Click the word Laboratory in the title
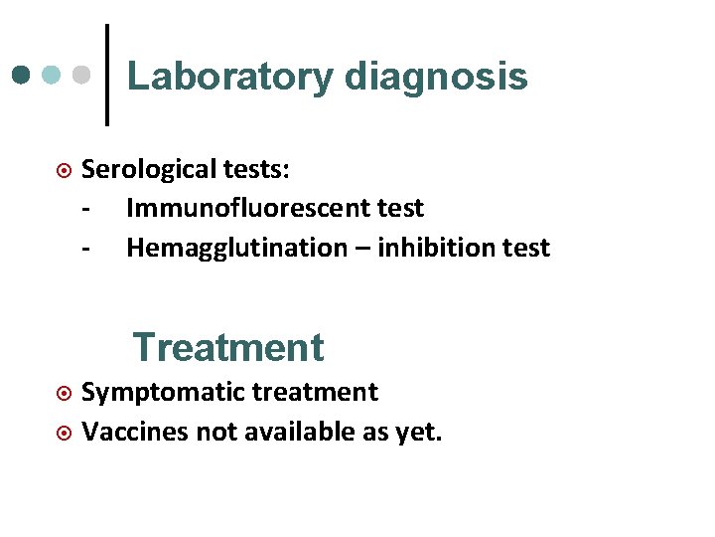(229, 77)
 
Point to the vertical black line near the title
(106, 76)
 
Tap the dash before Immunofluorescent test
(88, 209)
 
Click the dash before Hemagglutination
(88, 248)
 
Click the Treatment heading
(228, 347)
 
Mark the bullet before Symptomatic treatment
(64, 393)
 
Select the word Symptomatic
(162, 393)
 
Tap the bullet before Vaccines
(64, 433)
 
